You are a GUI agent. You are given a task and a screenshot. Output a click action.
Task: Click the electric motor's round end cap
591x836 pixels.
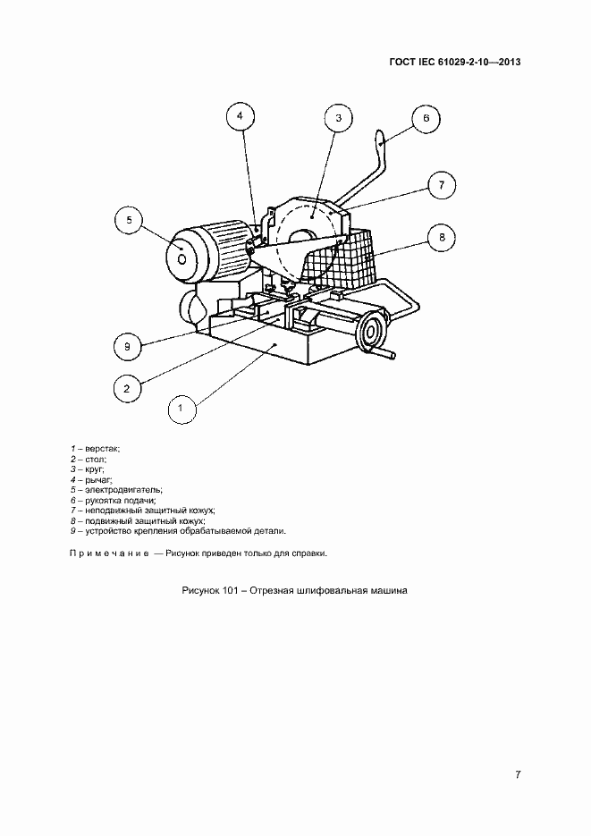point(182,259)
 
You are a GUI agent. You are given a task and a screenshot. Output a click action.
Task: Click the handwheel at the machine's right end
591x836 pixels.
point(371,333)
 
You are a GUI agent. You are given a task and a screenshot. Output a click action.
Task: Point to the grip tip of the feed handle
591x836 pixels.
point(380,138)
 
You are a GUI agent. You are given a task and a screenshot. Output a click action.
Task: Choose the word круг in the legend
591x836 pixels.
point(94,469)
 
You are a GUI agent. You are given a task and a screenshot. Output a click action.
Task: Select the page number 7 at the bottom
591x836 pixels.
point(518,775)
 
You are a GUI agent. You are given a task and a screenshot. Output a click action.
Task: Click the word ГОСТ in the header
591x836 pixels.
point(401,62)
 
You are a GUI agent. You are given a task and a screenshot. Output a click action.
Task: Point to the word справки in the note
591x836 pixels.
point(309,553)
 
